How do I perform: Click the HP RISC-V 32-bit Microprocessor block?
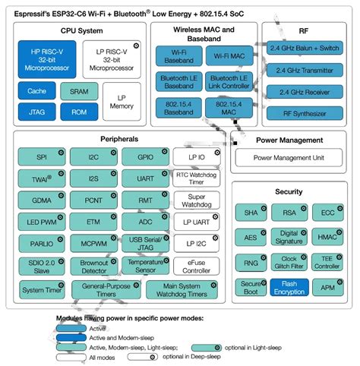[x=46, y=60]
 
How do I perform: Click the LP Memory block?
[x=123, y=101]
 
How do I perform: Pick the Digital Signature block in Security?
[x=289, y=237]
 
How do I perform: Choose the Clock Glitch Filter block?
[x=289, y=262]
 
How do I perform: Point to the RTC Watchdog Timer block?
[x=196, y=178]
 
